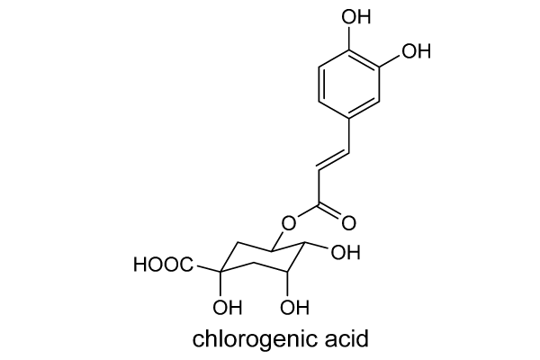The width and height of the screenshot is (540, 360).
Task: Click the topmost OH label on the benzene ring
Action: coord(355,16)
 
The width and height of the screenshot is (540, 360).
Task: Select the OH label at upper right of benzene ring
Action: coord(416,51)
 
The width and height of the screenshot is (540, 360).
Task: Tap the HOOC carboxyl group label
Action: coord(164,265)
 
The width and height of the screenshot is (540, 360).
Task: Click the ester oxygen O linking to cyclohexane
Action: coord(288,223)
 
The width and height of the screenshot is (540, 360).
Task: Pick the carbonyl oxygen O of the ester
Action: coord(348,223)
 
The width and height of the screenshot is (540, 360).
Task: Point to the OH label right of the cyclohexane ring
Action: coord(346,253)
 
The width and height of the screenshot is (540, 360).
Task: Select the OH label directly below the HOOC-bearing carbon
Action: coord(228,307)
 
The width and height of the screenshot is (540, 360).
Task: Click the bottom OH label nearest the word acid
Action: coord(294,307)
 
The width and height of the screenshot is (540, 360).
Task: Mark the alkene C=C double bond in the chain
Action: coord(333,160)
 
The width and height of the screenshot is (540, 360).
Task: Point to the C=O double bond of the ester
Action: coord(330,211)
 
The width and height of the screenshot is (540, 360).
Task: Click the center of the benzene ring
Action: coord(349,85)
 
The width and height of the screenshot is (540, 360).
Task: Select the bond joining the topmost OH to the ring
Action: coord(349,38)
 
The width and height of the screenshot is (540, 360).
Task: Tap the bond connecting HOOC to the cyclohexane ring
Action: coord(208,268)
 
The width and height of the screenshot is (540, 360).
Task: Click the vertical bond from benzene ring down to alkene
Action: coord(349,136)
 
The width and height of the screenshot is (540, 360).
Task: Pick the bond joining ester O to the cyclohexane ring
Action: coord(278,241)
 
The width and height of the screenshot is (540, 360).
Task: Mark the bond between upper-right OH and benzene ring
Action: coord(390,60)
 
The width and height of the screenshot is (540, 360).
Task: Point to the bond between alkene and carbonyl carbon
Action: coord(319,186)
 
